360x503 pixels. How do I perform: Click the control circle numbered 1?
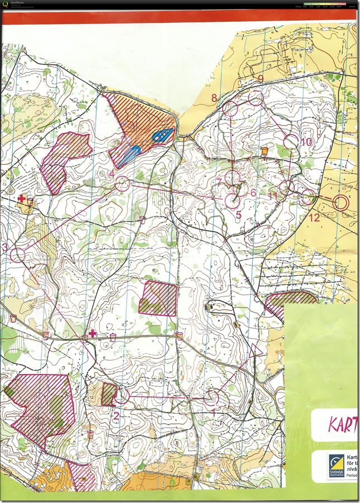click(x=211, y=397)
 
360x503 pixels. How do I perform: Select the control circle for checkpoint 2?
click(x=122, y=396)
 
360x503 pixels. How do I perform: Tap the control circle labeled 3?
click(x=18, y=255)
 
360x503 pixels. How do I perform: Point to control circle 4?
click(x=122, y=183)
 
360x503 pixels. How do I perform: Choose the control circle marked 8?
click(x=229, y=109)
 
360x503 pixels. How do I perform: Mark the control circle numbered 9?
click(x=256, y=99)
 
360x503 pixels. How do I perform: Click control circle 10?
click(x=291, y=142)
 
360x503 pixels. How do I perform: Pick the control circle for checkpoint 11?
click(x=286, y=187)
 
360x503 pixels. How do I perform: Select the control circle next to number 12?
click(x=308, y=197)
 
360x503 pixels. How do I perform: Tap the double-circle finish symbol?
click(x=340, y=203)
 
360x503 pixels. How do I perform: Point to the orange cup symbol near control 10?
click(x=265, y=151)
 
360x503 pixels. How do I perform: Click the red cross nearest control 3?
click(x=22, y=199)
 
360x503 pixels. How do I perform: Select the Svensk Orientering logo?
click(x=336, y=466)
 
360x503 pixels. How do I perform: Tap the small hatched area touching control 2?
click(x=109, y=394)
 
